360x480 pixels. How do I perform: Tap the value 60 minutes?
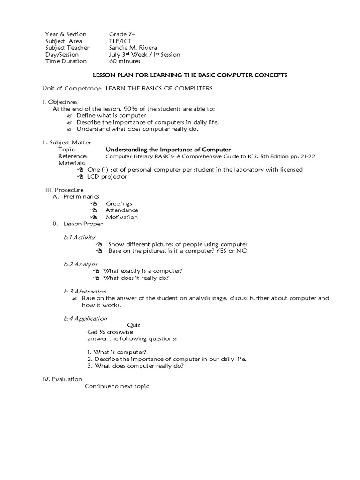click(125, 61)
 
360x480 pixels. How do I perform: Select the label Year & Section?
click(66, 34)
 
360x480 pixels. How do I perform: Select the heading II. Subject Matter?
click(67, 142)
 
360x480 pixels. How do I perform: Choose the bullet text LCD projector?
click(107, 176)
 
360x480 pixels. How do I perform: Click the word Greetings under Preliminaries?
click(119, 203)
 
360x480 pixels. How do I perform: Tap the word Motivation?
click(121, 217)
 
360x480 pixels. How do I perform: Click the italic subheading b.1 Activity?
click(79, 237)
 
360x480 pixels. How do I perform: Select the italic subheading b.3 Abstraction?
click(85, 291)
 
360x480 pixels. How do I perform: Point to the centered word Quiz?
click(134, 325)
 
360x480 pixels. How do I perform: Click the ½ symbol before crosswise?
click(102, 332)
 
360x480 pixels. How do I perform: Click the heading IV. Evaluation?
click(62, 379)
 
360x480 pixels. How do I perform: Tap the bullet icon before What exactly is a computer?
click(96, 271)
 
